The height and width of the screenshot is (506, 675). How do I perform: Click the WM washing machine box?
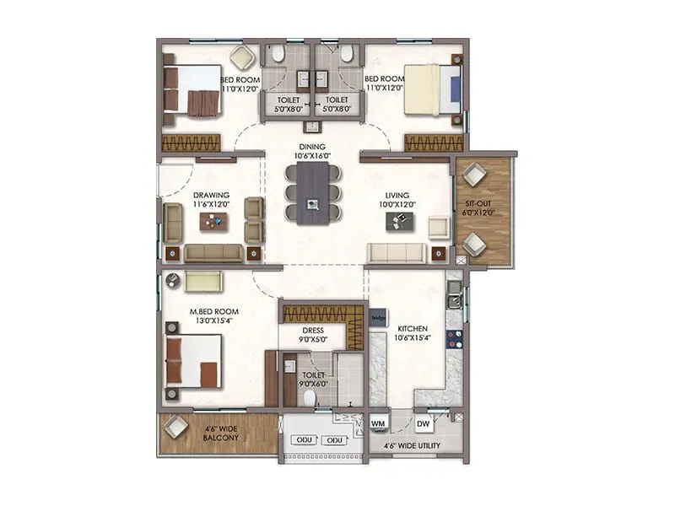(379, 423)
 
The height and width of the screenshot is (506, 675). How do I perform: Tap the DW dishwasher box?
(424, 423)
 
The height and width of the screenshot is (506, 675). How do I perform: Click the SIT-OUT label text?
(478, 208)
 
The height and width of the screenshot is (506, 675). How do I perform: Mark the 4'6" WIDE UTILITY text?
(413, 445)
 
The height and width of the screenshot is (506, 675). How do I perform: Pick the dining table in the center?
(313, 192)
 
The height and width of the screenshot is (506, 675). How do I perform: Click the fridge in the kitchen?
(379, 320)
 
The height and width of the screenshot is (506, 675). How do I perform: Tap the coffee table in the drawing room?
(213, 221)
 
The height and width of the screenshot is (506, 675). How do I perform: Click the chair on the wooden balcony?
(176, 427)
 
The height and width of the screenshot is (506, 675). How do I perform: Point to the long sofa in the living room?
(397, 253)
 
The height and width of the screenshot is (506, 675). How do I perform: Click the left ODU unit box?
(303, 440)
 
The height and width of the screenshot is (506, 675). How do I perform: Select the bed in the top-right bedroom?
(433, 89)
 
